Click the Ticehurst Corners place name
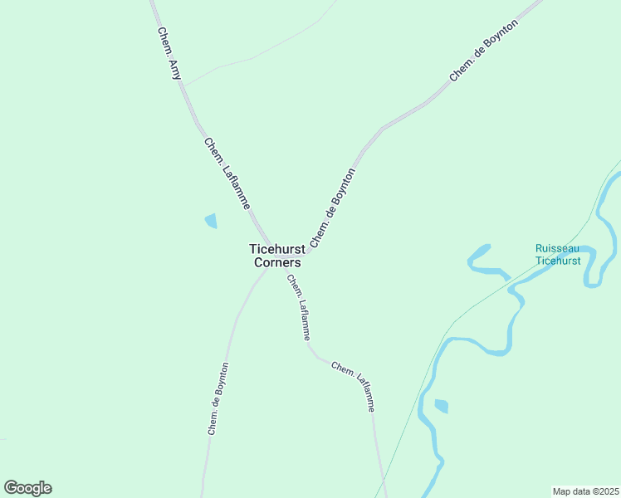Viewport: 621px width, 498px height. point(275,255)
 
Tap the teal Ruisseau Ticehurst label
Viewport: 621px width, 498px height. point(557,255)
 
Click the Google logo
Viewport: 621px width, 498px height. point(27,488)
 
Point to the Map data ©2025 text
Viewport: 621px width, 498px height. point(585,491)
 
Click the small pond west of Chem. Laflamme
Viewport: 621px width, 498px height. point(211,221)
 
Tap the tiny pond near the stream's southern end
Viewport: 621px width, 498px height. point(441,406)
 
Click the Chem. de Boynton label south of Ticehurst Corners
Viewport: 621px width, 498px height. point(218,398)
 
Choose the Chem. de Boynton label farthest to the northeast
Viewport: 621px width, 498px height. point(484,50)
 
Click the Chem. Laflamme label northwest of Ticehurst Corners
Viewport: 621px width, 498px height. point(227,173)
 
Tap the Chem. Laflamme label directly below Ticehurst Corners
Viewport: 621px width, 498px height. point(299,307)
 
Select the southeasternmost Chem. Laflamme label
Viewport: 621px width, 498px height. point(354,386)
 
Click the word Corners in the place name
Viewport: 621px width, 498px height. point(277,262)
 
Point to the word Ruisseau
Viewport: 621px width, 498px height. point(557,248)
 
